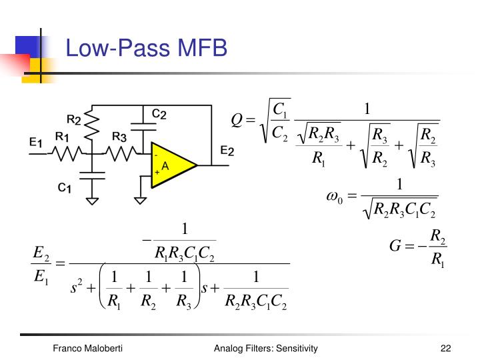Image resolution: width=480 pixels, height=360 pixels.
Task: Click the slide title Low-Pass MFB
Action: [x=146, y=49]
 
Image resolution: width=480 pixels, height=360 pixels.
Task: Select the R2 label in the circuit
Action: [x=74, y=119]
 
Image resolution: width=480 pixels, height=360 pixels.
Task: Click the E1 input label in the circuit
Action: [x=36, y=142]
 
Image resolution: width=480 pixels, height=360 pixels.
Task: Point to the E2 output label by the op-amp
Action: [x=227, y=151]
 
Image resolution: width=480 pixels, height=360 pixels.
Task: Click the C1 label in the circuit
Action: [x=65, y=187]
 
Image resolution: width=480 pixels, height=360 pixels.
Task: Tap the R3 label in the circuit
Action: [x=119, y=137]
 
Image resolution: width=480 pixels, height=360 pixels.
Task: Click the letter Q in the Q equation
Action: [x=235, y=120]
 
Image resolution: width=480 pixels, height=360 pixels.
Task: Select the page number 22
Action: [x=446, y=349]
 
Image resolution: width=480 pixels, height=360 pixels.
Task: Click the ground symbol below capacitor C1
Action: [x=93, y=200]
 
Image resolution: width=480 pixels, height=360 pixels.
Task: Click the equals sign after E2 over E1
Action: [x=59, y=264]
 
